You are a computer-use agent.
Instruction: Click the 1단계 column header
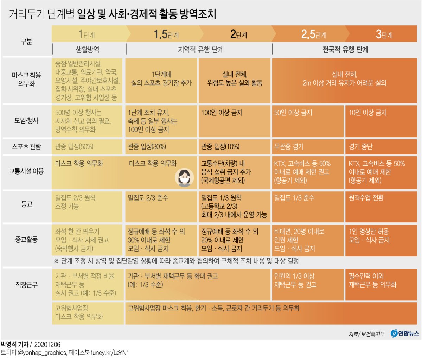(87, 34)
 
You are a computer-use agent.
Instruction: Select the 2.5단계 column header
(314, 34)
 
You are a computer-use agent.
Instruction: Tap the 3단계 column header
(384, 34)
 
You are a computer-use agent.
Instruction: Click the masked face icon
(184, 178)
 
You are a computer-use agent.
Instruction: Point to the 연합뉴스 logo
(405, 334)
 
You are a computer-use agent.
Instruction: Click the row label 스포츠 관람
(26, 146)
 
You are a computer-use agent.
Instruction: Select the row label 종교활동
(26, 240)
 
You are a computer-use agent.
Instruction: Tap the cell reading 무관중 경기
(289, 147)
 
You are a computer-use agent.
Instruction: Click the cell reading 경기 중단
(360, 147)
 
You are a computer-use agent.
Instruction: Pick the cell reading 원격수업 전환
(366, 198)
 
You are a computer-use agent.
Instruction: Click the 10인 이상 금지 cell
(367, 113)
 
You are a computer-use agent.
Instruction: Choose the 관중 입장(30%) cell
(147, 147)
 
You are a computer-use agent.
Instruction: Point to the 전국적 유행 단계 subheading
(345, 49)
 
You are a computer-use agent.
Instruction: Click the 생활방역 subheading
(88, 49)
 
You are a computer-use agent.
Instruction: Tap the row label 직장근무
(26, 284)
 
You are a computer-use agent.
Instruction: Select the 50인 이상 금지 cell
(293, 113)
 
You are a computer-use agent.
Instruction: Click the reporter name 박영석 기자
(14, 344)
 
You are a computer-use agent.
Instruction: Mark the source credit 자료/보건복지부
(366, 334)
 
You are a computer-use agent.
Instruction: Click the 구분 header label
(26, 42)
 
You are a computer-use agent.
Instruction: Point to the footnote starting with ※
(176, 261)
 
